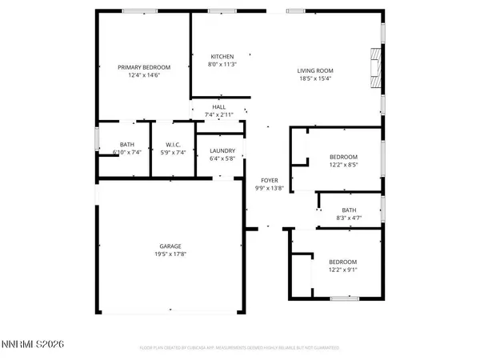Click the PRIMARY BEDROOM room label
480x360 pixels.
click(140, 67)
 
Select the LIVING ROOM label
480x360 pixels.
click(317, 70)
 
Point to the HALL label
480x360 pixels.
click(218, 107)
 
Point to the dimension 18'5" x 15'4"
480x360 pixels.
click(317, 78)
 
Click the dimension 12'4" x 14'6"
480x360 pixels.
click(140, 75)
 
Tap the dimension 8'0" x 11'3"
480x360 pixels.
click(222, 65)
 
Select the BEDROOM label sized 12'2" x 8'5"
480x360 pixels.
click(343, 157)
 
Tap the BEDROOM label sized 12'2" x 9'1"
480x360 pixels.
click(343, 262)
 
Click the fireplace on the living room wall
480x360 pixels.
click(375, 63)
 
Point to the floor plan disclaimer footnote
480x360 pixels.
click(240, 349)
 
